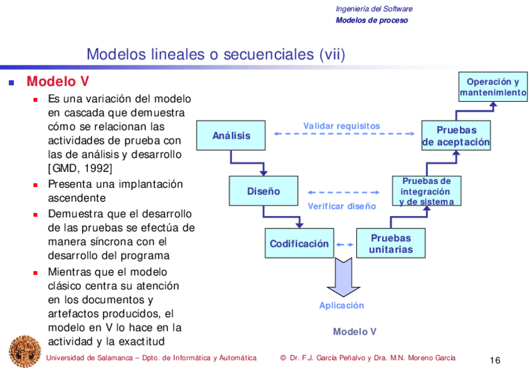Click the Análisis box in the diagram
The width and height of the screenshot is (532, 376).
click(231, 136)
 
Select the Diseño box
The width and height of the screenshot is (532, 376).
click(263, 191)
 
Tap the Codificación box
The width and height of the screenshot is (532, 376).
click(299, 244)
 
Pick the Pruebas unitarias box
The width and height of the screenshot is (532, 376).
click(391, 244)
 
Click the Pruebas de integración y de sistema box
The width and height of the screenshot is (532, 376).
click(426, 191)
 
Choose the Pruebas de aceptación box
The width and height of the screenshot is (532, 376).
click(456, 136)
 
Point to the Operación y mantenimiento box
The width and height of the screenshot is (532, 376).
click(493, 87)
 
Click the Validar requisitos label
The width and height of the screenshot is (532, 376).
click(341, 126)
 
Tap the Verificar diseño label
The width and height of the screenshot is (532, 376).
click(342, 206)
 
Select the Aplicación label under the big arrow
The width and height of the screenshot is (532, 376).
click(341, 306)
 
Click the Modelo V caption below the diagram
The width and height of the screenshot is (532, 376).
click(354, 331)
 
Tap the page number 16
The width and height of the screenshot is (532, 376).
click(494, 360)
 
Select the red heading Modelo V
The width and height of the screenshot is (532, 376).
click(58, 82)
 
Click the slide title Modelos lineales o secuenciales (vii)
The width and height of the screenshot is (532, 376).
click(216, 55)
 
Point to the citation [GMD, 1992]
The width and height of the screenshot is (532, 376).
click(80, 168)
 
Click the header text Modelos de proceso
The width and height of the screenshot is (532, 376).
click(371, 20)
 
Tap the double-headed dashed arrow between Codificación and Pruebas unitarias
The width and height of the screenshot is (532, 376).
click(344, 244)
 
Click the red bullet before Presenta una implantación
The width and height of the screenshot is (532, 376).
click(36, 185)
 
